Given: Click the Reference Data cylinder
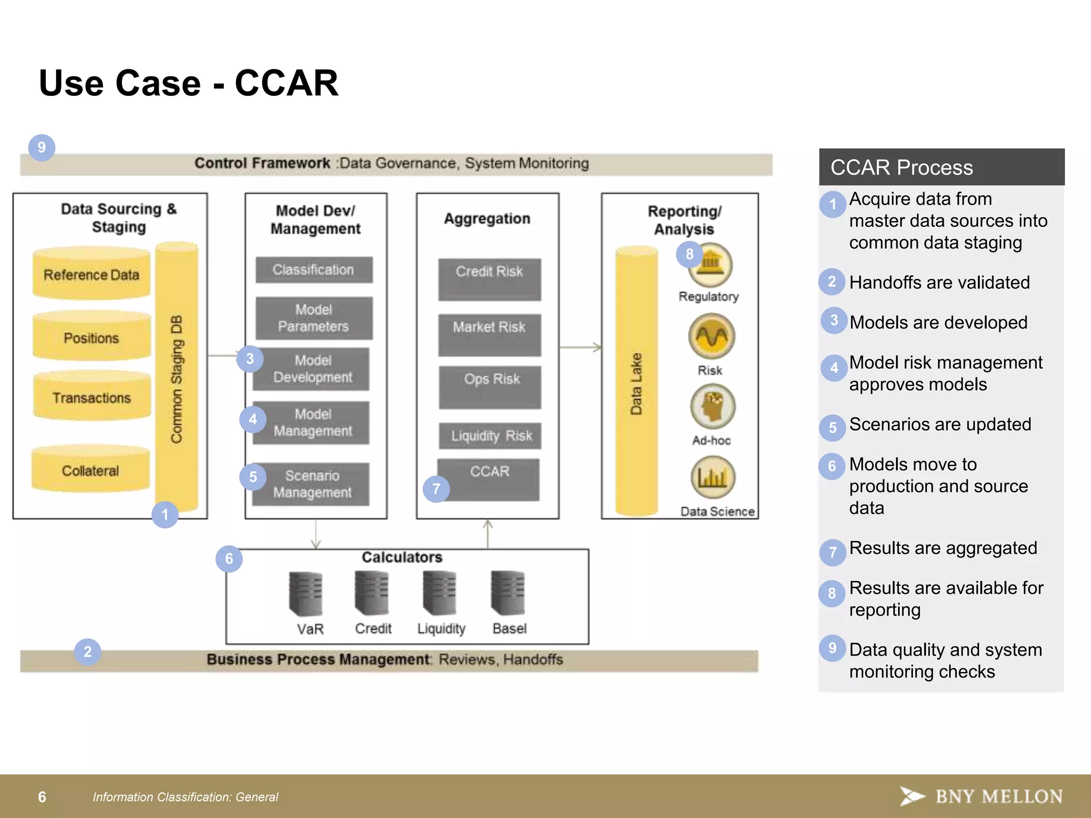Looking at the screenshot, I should pos(91,274).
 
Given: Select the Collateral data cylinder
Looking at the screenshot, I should pos(90,470).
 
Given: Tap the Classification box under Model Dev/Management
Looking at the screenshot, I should pos(314,270).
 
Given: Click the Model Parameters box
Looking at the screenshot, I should pos(314,318).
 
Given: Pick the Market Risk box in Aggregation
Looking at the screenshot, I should pos(489,334).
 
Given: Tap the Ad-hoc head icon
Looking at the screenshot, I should pos(712,407).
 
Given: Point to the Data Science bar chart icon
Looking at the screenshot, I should pos(713,477).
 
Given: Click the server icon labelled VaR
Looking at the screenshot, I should pos(306,594).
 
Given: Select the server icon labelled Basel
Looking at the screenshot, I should pos(508,593).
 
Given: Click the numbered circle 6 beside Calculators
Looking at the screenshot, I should pos(229,559).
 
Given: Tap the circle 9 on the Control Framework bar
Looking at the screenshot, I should pos(42,148).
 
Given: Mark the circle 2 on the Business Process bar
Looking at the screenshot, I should pos(88,652).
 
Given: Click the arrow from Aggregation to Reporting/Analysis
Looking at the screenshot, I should pos(580,347).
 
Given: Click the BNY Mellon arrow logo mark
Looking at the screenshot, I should pos(912,796).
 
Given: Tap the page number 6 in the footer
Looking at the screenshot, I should pos(42,797).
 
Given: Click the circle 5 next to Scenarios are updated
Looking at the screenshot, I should pos(833,428).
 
